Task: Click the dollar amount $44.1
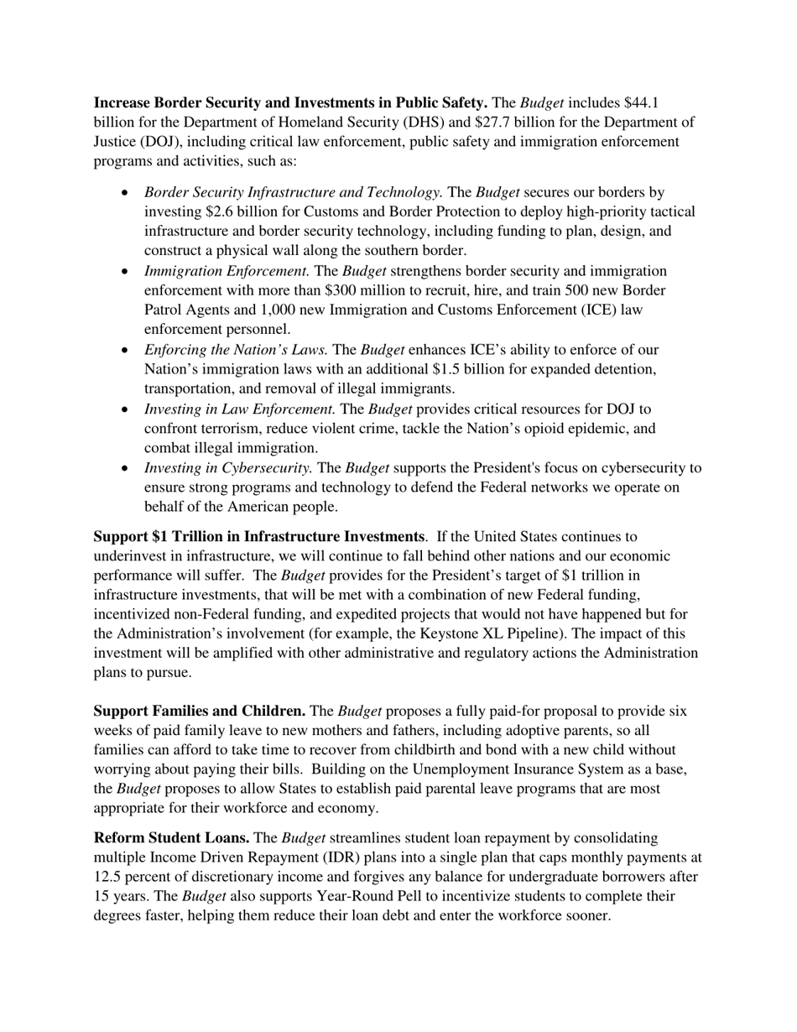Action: click(x=641, y=103)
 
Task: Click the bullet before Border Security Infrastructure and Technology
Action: click(x=125, y=193)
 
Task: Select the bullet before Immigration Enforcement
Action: click(x=125, y=271)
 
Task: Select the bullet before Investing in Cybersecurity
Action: click(x=125, y=468)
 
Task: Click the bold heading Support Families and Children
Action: click(x=199, y=711)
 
